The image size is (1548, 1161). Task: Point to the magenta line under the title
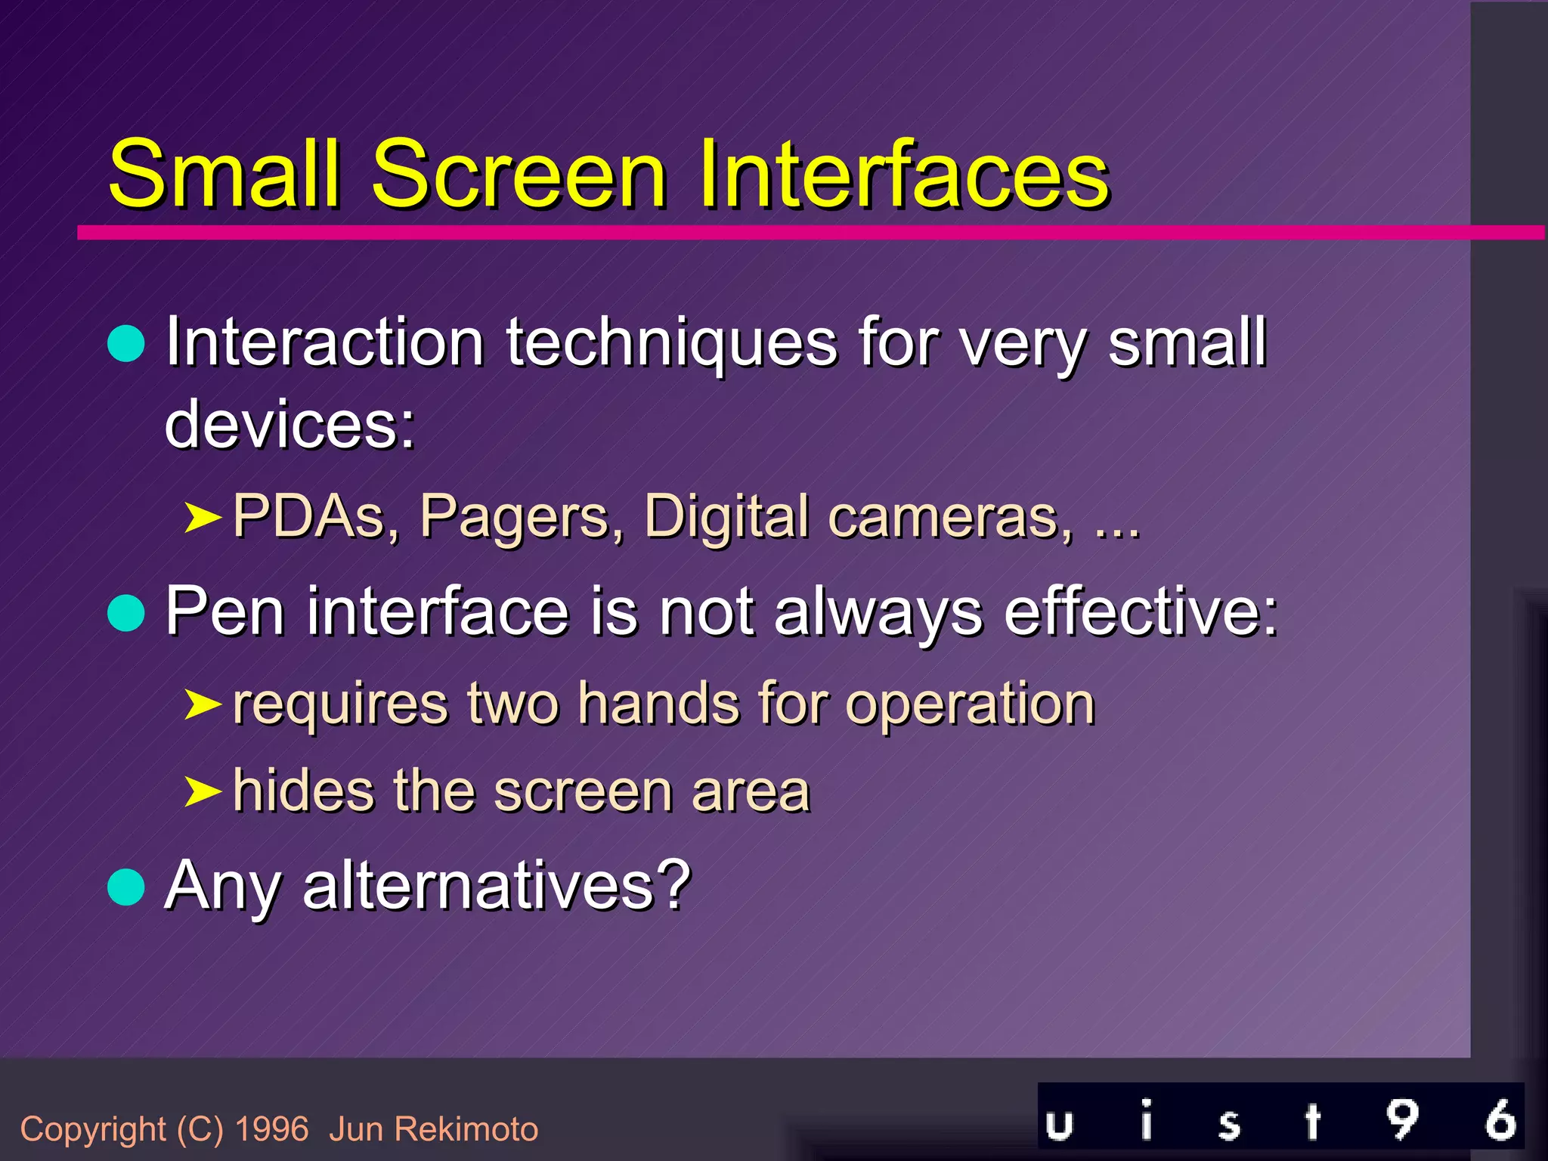point(756,232)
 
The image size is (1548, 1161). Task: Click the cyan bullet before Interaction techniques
point(126,345)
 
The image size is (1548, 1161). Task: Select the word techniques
point(671,344)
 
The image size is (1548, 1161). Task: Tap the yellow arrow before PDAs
point(203,519)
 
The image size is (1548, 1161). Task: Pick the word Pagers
point(522,517)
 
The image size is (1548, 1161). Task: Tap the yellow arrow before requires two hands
point(203,704)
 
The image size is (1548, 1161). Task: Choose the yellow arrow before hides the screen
point(203,792)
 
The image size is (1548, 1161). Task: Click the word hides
point(303,791)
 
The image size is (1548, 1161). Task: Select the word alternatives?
point(497,885)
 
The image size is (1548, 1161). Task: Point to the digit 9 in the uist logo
point(1402,1119)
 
